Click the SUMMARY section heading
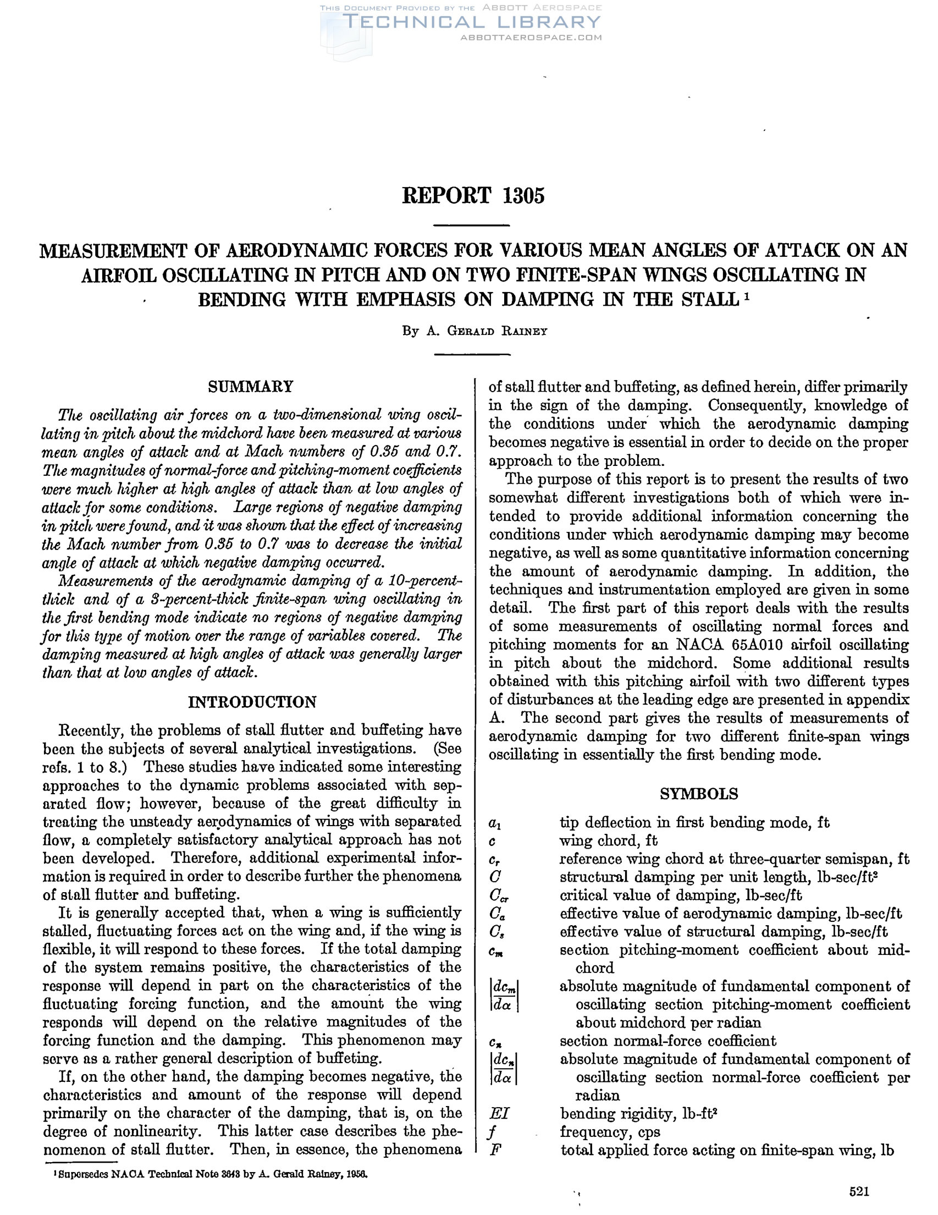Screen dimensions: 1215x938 click(250, 386)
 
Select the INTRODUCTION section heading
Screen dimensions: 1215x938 click(252, 702)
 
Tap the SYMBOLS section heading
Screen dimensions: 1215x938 click(699, 794)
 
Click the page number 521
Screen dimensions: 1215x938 click(859, 1191)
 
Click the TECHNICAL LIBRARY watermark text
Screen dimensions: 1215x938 click(473, 22)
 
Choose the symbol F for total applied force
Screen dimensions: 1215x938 click(494, 1150)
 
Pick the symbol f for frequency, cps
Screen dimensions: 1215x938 click(493, 1132)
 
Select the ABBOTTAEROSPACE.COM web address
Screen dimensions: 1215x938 click(531, 38)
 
